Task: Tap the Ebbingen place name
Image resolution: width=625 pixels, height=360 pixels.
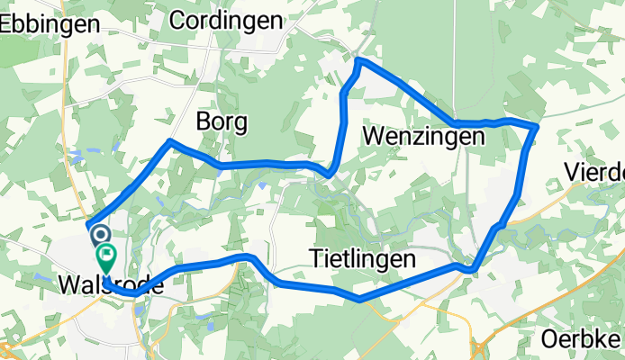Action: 50,24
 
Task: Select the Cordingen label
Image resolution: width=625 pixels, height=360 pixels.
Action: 225,20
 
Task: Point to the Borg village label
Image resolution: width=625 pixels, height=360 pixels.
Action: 222,121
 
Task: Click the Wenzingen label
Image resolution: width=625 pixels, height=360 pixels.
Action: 423,136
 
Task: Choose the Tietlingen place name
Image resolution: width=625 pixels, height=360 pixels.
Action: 363,259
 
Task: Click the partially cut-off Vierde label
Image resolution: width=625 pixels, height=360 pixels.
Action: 594,171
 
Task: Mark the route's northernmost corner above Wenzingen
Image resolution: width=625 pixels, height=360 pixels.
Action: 359,60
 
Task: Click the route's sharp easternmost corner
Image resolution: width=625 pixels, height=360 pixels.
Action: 538,125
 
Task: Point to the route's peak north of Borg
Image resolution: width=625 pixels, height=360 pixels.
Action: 169,141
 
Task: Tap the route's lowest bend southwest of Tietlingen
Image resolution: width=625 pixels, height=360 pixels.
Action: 359,300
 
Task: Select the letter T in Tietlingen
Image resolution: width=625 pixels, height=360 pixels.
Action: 316,259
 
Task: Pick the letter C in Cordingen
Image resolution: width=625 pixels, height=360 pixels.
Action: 177,20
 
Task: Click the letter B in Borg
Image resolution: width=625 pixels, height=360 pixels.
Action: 204,121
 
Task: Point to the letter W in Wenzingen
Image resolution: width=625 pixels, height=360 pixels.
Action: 374,136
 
